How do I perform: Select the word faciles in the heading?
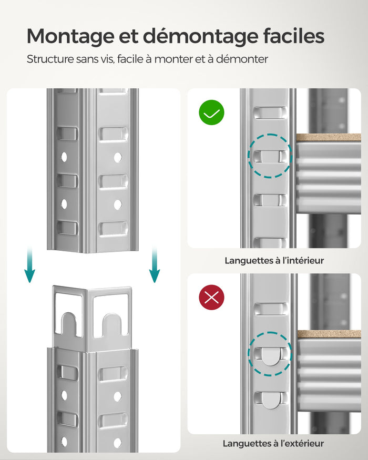click(295, 36)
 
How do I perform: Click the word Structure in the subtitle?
click(50, 59)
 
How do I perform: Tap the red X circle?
click(211, 298)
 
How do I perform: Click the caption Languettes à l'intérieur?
click(274, 260)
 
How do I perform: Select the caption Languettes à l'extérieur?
click(273, 444)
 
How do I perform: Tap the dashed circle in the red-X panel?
click(270, 354)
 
